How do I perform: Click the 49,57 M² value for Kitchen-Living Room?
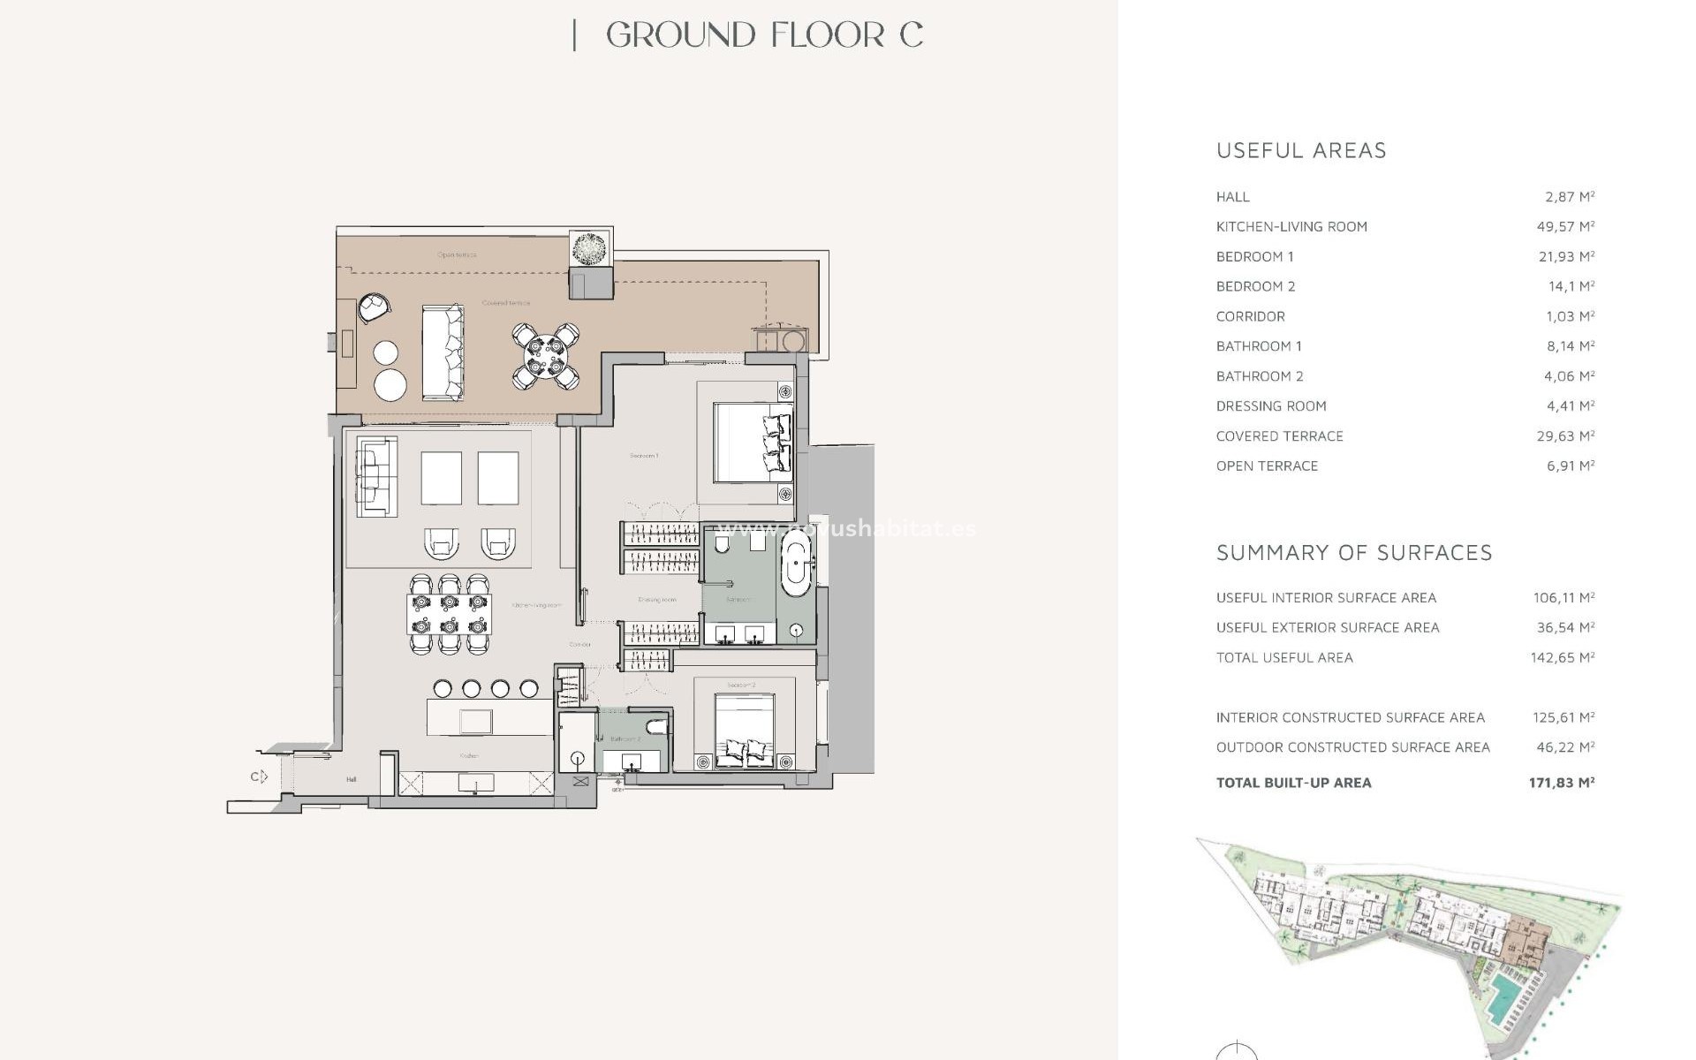pyautogui.click(x=1565, y=227)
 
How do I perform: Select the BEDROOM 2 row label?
pyautogui.click(x=1255, y=286)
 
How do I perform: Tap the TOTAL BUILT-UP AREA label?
pyautogui.click(x=1293, y=783)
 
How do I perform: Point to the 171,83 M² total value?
pyautogui.click(x=1561, y=783)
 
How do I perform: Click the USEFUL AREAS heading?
pyautogui.click(x=1301, y=151)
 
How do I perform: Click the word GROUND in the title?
pyautogui.click(x=680, y=35)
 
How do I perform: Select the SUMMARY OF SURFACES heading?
pyautogui.click(x=1354, y=553)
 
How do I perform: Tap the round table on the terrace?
pyautogui.click(x=546, y=356)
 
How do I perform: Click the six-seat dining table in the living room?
pyautogui.click(x=449, y=614)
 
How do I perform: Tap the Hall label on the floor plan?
pyautogui.click(x=352, y=780)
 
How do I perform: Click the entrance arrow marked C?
pyautogui.click(x=258, y=776)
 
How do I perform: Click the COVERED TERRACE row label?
pyautogui.click(x=1279, y=436)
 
